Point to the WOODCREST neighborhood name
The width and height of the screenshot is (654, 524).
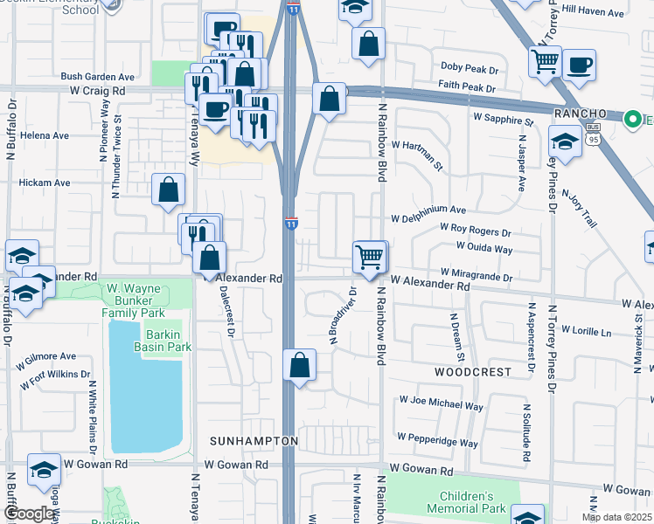pyautogui.click(x=472, y=371)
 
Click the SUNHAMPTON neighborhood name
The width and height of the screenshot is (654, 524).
pyautogui.click(x=254, y=441)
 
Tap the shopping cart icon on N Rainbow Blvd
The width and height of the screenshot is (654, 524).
pyautogui.click(x=370, y=257)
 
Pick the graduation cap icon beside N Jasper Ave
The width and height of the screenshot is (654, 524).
pyautogui.click(x=565, y=142)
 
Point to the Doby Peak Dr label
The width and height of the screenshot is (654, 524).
pyautogui.click(x=469, y=67)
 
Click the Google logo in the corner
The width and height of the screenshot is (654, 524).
pyautogui.click(x=29, y=514)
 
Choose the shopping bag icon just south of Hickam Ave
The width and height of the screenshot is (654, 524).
pyautogui.click(x=168, y=190)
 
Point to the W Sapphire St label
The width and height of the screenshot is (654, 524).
pyautogui.click(x=503, y=116)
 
